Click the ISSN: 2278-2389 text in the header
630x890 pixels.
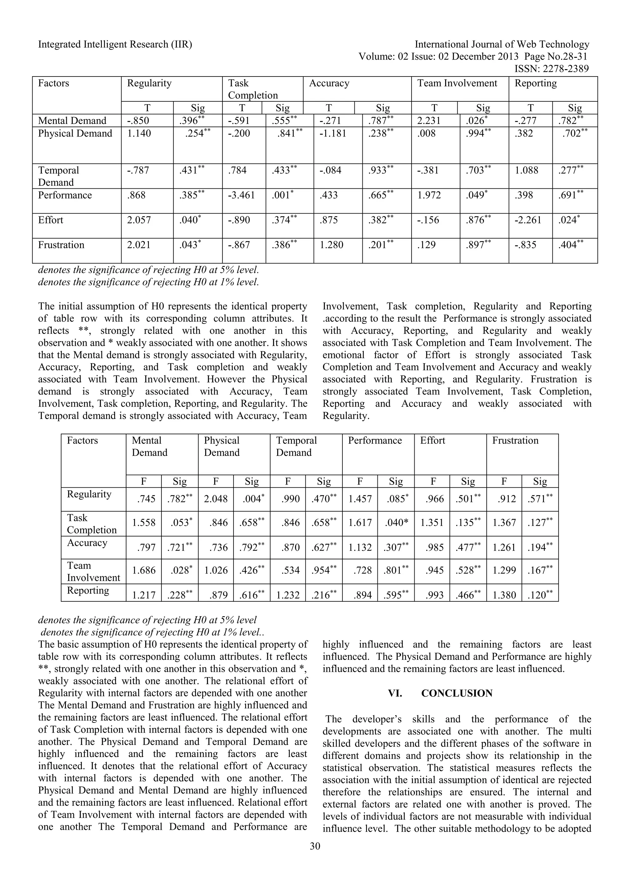551,69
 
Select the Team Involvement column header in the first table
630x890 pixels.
457,83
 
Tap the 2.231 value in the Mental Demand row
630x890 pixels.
429,121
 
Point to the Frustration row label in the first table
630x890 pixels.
61,245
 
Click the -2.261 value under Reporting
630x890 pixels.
528,220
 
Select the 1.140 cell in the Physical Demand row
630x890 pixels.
139,134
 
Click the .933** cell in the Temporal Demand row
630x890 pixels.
381,171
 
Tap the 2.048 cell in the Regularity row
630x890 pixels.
216,499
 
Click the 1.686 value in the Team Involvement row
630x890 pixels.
144,570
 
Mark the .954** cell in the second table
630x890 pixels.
324,570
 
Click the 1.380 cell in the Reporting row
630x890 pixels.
504,595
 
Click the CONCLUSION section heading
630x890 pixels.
457,694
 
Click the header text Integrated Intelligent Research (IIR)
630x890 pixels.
115,45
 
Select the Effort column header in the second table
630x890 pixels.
432,440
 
